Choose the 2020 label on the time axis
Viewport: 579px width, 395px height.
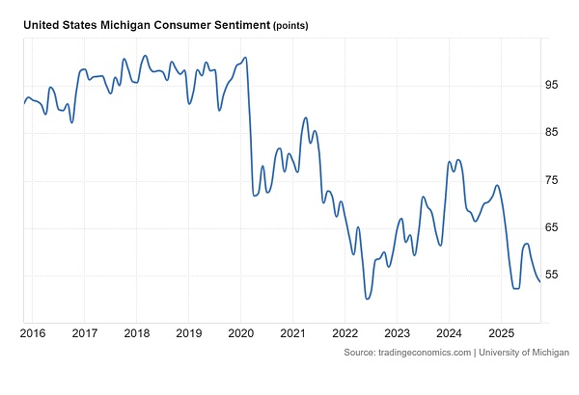pos(240,332)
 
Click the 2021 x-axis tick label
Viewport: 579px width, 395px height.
pos(292,332)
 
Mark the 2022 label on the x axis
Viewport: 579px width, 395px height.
pos(345,332)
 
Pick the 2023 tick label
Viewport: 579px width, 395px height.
pos(397,332)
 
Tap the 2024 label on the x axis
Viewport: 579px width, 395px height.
pos(449,332)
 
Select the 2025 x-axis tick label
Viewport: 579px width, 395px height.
pos(501,332)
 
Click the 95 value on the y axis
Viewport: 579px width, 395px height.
pos(552,86)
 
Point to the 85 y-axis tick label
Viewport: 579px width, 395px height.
pos(552,133)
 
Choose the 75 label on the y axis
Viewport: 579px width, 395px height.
pos(552,180)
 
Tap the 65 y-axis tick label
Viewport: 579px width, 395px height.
pos(552,227)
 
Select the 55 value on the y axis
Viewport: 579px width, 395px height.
pos(552,275)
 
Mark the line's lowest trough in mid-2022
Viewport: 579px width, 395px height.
pos(367,299)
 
